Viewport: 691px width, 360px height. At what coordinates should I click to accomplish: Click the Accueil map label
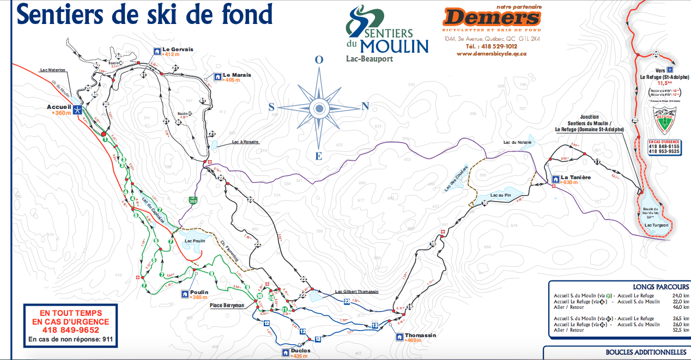coord(59,107)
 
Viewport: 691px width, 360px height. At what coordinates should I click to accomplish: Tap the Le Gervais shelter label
coord(178,49)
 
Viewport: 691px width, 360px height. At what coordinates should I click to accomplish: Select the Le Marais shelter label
coord(237,75)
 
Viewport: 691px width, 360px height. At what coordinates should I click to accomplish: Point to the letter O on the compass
coord(319,60)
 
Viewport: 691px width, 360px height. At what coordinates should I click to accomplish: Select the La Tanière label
coord(575,177)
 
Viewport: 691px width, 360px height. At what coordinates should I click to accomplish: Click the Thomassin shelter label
coord(421,335)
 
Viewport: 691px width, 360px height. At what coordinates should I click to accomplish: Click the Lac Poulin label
coord(195,241)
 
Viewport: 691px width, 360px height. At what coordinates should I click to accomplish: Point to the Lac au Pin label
coord(500,194)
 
